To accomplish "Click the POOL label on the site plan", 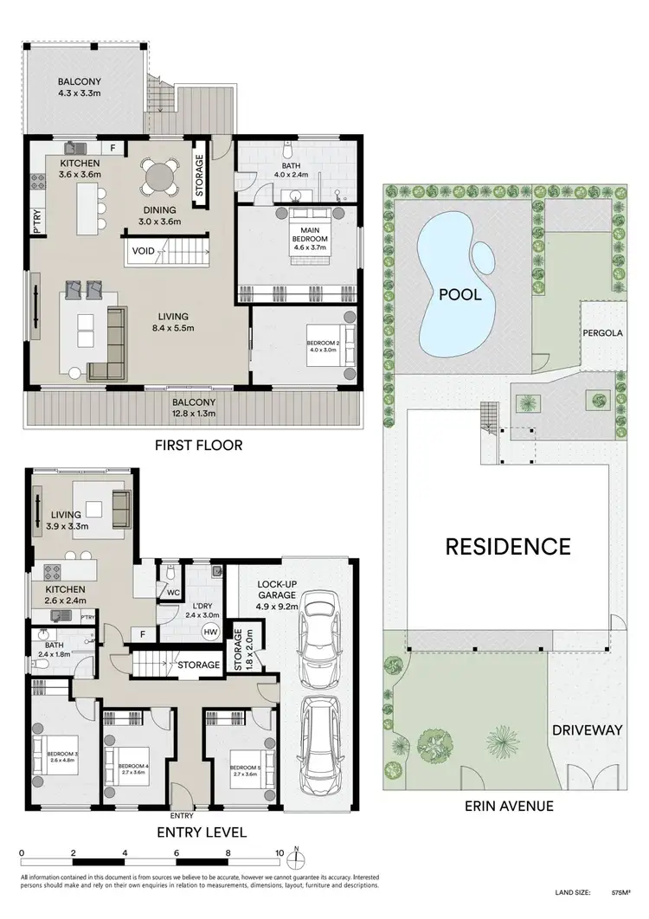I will [459, 294].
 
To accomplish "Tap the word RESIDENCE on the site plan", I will [508, 546].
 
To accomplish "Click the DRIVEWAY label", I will [588, 730].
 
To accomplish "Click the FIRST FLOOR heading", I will [197, 446].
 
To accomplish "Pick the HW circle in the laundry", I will [209, 631].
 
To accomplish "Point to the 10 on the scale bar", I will [279, 852].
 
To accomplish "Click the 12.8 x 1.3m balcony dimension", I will [197, 414].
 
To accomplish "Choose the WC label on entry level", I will [173, 593].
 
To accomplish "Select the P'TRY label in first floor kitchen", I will [38, 220].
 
